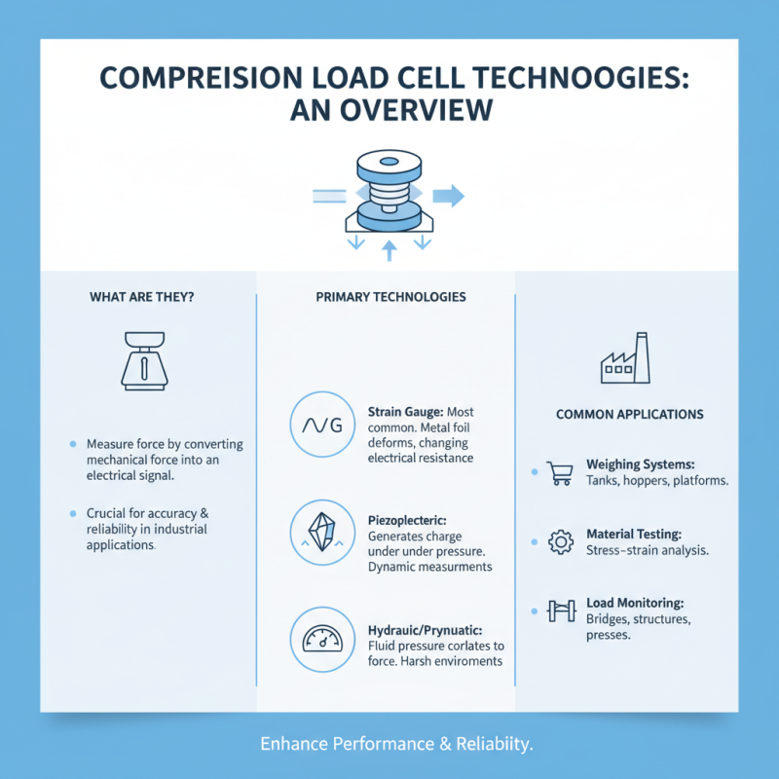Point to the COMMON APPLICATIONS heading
tap(629, 414)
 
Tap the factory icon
tap(624, 358)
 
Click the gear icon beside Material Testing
tap(562, 542)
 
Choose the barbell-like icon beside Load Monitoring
tap(561, 612)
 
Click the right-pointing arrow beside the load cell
tap(448, 197)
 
